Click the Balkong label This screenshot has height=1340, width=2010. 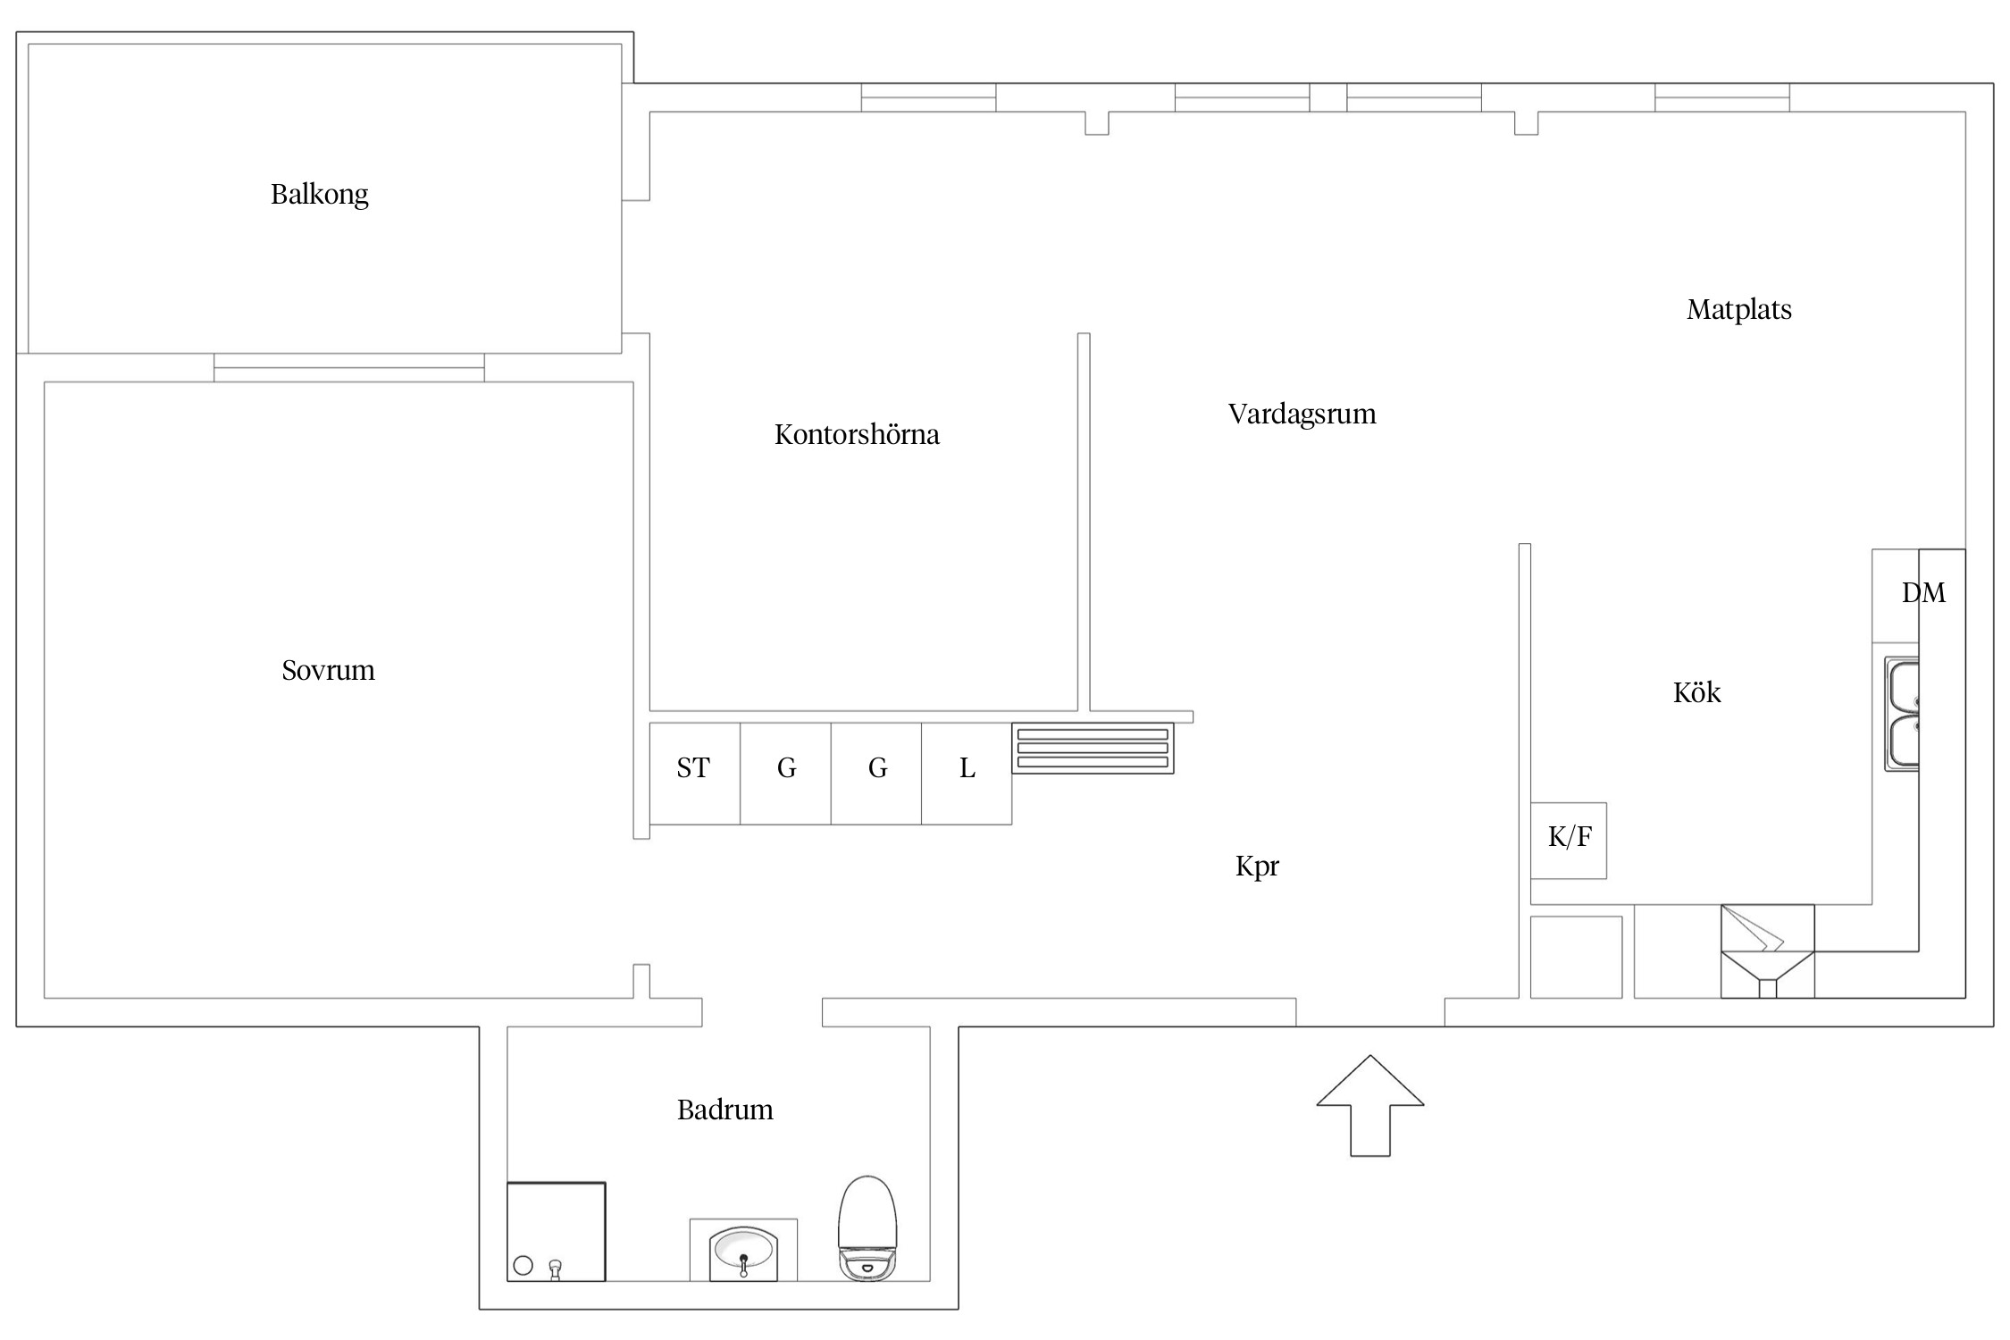pyautogui.click(x=319, y=194)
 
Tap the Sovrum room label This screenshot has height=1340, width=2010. pyautogui.click(x=328, y=670)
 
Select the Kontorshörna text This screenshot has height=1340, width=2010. pyautogui.click(x=856, y=435)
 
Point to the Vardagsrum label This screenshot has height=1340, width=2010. pyautogui.click(x=1301, y=415)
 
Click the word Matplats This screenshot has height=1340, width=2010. pyautogui.click(x=1738, y=310)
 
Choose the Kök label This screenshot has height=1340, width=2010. pyautogui.click(x=1696, y=692)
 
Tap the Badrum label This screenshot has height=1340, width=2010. pyautogui.click(x=724, y=1110)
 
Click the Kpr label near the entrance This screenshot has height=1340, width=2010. pyautogui.click(x=1256, y=866)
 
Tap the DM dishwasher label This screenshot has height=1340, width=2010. pyautogui.click(x=1922, y=592)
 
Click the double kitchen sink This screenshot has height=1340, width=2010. pyautogui.click(x=1903, y=715)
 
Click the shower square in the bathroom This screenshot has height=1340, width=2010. pyautogui.click(x=556, y=1231)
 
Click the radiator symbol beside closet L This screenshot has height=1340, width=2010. pyautogui.click(x=1093, y=748)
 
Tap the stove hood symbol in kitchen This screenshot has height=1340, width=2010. pyautogui.click(x=1766, y=951)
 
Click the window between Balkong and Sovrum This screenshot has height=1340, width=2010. pyautogui.click(x=348, y=367)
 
